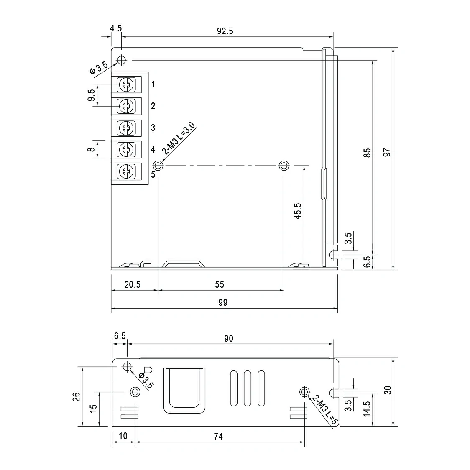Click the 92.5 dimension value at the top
pyautogui.click(x=225, y=31)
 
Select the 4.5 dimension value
pyautogui.click(x=116, y=28)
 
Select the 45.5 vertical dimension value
pyautogui.click(x=297, y=211)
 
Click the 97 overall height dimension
pyautogui.click(x=387, y=152)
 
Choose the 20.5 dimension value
pyautogui.click(x=132, y=285)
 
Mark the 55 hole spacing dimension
pyautogui.click(x=220, y=285)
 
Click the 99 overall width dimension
pyautogui.click(x=223, y=302)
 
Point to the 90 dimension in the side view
pyautogui.click(x=228, y=338)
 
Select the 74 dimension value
pyautogui.click(x=218, y=437)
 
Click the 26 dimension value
pyautogui.click(x=77, y=396)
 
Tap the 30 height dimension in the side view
pyautogui.click(x=388, y=390)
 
